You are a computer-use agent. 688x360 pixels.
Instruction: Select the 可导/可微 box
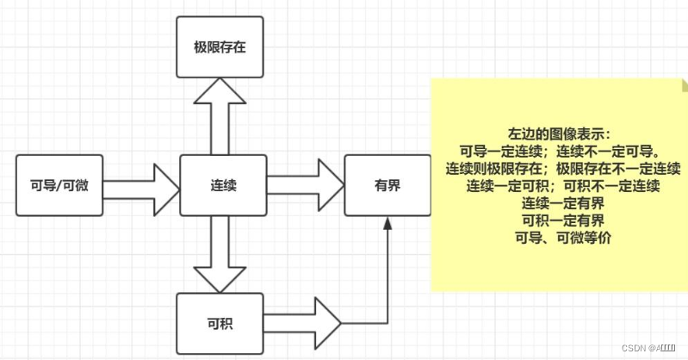(x=59, y=184)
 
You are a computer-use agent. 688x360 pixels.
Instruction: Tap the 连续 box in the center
(x=223, y=184)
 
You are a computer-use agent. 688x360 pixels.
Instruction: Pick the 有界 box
(x=387, y=184)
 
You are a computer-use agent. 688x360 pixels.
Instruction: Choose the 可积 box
(x=219, y=324)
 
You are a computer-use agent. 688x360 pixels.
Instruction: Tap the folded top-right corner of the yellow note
(x=683, y=84)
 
